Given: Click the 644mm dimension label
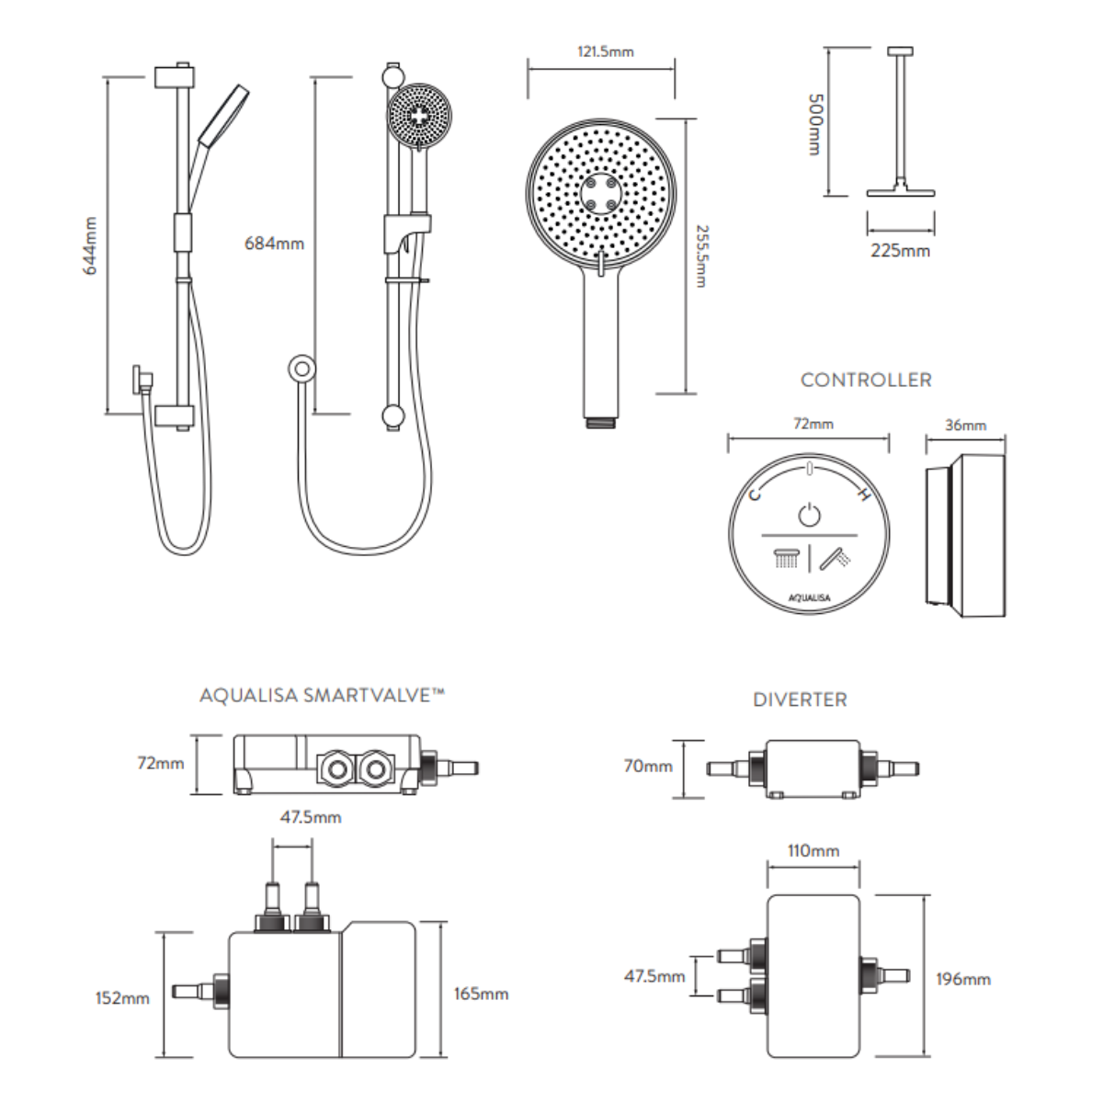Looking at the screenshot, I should point(91,246).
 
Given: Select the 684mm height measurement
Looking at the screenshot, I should point(274,244).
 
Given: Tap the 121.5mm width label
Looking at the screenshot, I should point(605,51).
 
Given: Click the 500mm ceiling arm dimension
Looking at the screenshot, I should point(813,124).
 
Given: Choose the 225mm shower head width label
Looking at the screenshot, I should point(900,250).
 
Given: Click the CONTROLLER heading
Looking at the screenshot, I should point(866,380).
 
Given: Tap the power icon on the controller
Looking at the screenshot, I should point(808,514).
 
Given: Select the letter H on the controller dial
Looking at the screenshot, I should point(862,496).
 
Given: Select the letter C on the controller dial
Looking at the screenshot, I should point(755,496).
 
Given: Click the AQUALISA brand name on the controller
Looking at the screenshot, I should point(809,597).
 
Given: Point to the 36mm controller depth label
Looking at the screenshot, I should point(965,425).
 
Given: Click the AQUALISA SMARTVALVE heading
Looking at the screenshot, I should point(322,696).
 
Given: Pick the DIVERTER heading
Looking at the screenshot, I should point(800,699).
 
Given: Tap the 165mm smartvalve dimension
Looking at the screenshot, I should point(481,994).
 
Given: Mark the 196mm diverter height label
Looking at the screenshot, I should point(963,979).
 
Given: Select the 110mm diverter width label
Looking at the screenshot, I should point(813,851).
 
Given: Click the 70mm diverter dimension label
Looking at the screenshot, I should point(647,766).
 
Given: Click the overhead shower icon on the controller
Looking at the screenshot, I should point(785,558).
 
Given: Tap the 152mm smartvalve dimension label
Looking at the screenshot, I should point(122,997).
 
